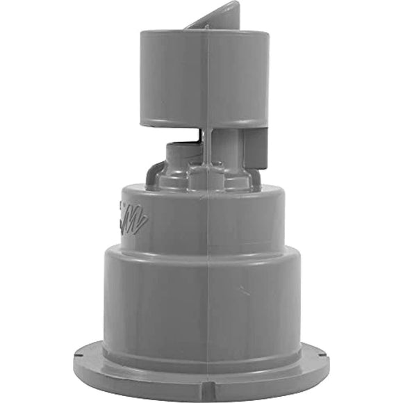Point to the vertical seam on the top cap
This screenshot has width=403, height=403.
coord(206,76)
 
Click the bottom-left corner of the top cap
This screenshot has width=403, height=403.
coord(142,124)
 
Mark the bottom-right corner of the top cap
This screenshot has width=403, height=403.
coord(266,126)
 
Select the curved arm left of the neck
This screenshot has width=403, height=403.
coord(154,174)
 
